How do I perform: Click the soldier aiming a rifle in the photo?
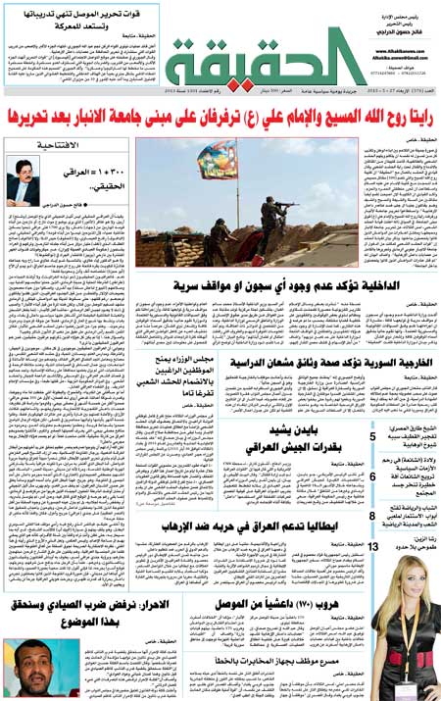[265, 218]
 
